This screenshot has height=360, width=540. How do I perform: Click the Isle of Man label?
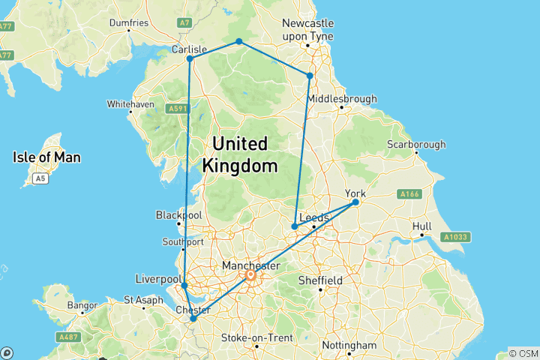[46, 157]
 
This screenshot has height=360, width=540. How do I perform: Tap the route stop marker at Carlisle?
[190, 58]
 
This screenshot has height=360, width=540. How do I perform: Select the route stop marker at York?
[355, 202]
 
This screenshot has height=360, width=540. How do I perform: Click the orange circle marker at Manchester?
[250, 276]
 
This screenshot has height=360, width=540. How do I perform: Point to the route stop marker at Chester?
[193, 319]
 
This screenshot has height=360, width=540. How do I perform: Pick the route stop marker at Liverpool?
[184, 286]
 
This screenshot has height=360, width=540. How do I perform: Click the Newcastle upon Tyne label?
[307, 29]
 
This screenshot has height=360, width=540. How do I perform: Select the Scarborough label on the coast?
[416, 145]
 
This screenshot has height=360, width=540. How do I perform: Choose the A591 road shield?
[177, 109]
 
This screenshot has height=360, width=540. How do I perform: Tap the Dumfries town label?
[129, 23]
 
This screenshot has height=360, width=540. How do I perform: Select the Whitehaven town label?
[130, 103]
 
